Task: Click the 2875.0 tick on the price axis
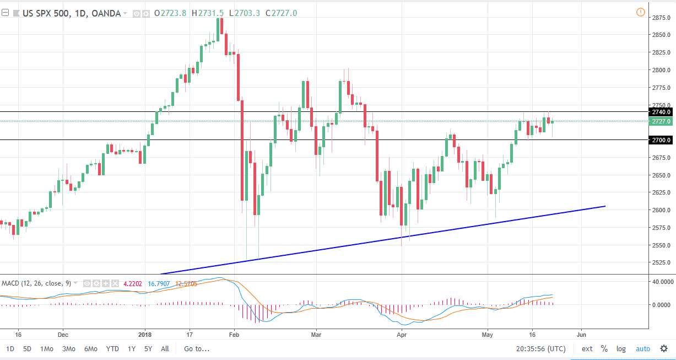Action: (x=661, y=18)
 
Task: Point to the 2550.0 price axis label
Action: (x=661, y=245)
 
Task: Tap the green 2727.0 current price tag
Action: (x=661, y=121)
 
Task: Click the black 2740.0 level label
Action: (x=661, y=112)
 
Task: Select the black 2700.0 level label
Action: (x=661, y=140)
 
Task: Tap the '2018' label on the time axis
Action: (x=145, y=334)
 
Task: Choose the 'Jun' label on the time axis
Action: (x=581, y=334)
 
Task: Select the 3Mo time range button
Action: (x=69, y=348)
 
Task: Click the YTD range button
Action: (x=112, y=348)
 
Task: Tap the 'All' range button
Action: (x=165, y=348)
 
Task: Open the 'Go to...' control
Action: (x=197, y=348)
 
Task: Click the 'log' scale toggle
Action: (x=621, y=348)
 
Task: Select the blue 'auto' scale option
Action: (x=642, y=348)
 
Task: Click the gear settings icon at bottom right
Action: (x=664, y=348)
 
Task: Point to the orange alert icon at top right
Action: (x=640, y=12)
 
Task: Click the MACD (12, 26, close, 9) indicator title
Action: (x=36, y=283)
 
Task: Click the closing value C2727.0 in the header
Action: (x=281, y=13)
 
